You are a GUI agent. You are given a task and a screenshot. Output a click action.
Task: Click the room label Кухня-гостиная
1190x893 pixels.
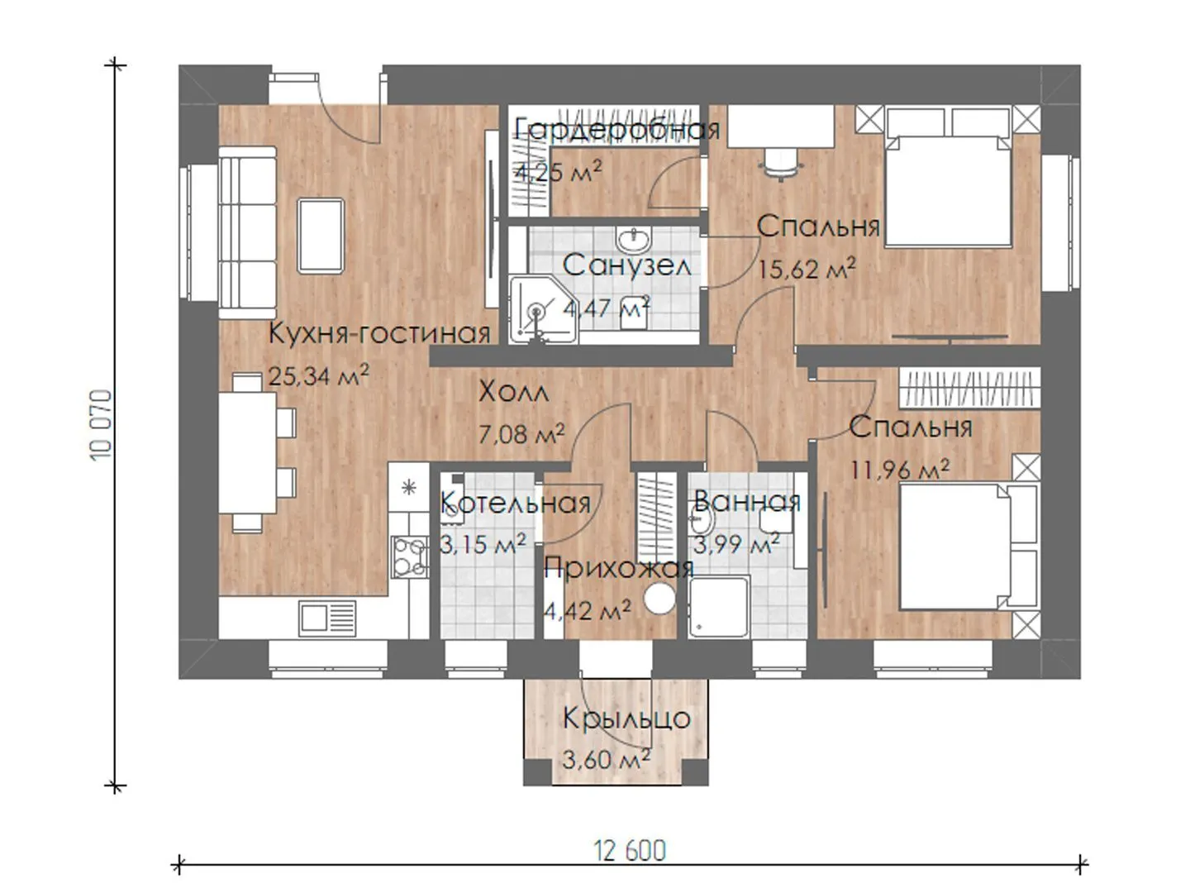coord(379,333)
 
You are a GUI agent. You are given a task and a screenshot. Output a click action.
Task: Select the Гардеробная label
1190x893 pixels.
coord(617,130)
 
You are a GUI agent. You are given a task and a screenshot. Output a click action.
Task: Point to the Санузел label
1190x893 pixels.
coord(626,265)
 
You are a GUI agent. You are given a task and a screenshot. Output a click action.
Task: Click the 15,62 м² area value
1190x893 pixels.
coord(807,269)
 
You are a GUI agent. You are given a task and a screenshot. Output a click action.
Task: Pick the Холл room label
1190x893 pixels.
coord(513,391)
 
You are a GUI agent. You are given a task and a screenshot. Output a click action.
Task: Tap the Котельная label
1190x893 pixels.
coord(515,503)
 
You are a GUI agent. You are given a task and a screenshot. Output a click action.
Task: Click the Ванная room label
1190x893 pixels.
coord(746,501)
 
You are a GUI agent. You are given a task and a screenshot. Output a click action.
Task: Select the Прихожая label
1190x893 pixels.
coord(619,569)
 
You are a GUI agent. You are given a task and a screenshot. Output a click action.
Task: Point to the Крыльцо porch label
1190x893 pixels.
coord(626,719)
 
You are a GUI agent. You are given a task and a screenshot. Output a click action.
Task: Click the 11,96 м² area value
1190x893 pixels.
coord(899,469)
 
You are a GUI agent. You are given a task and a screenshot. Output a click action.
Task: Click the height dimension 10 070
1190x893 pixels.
coord(102,424)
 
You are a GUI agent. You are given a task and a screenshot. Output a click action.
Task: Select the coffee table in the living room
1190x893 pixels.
coord(321,236)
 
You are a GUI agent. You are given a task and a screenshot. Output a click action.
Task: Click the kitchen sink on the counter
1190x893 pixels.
coord(327,618)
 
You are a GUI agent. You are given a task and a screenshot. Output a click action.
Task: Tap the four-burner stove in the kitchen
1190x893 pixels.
coord(409,557)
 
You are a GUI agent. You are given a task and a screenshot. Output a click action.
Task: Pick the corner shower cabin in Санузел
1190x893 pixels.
coord(543,309)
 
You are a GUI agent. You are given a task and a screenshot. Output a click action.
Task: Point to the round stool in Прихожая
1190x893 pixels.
coord(659,599)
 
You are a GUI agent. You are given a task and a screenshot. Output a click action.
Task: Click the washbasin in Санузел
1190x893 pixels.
coord(633,240)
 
